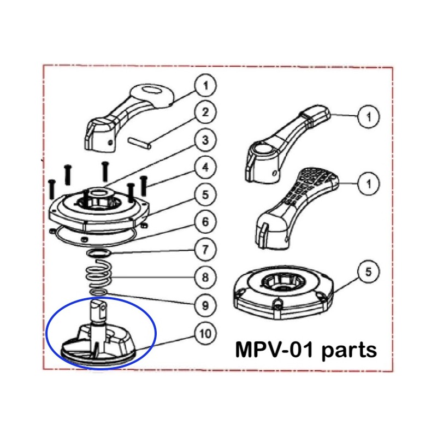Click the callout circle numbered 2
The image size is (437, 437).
coord(205,113)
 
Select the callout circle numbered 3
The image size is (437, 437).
coord(205,140)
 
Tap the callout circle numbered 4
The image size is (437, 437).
coord(205,168)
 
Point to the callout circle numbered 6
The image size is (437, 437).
coord(205,222)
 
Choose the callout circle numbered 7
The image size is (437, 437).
coord(205,251)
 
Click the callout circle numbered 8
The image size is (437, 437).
coord(205,277)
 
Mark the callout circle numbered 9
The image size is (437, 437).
coord(205,305)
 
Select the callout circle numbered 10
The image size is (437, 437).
coord(205,333)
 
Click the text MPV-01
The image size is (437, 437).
coord(276,350)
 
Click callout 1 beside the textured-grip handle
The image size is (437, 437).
coord(369,185)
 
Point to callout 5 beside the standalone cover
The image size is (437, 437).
coord(369,271)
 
